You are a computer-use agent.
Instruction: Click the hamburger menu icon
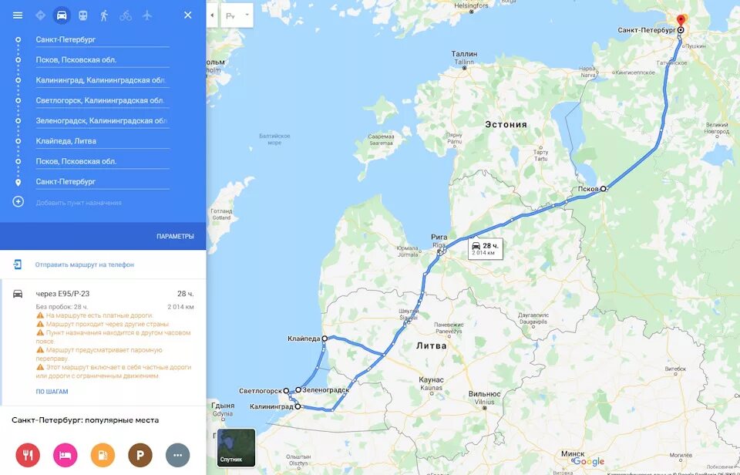tap(18, 15)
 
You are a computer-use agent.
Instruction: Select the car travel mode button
tap(62, 15)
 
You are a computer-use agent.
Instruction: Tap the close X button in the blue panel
tap(187, 15)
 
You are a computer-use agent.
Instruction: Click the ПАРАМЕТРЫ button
tap(175, 236)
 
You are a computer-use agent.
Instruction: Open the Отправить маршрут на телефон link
tap(84, 264)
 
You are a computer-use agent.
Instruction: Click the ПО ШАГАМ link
tap(52, 392)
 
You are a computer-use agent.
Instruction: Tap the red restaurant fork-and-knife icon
tap(28, 455)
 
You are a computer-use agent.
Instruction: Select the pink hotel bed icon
tap(66, 455)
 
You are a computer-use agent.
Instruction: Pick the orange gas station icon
tap(103, 455)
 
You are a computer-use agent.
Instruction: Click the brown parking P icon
tap(140, 455)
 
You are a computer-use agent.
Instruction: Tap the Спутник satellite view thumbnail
tap(236, 447)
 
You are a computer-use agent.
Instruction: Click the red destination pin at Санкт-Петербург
tap(681, 21)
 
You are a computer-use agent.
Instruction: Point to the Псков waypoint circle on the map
tap(604, 188)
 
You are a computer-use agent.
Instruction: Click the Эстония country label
tap(506, 124)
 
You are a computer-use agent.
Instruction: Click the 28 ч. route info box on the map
tap(486, 248)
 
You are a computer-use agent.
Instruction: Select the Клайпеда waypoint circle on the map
tap(325, 339)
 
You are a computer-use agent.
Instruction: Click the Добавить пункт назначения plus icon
tap(18, 202)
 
